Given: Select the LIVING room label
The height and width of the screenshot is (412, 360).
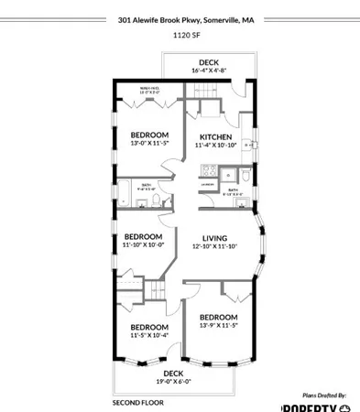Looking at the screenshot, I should (214, 237).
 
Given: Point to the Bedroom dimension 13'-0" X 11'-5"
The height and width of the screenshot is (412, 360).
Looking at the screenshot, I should (148, 143).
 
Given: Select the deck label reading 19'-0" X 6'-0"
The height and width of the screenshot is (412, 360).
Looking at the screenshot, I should (173, 382).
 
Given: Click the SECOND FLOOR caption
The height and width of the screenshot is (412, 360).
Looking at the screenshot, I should (137, 403).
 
